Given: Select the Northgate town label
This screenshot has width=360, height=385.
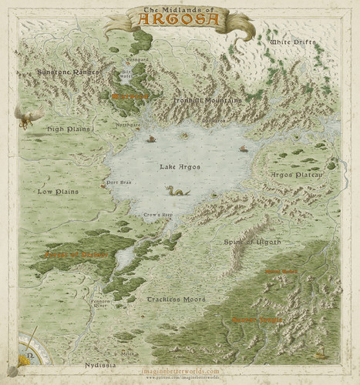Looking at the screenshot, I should [x=127, y=124].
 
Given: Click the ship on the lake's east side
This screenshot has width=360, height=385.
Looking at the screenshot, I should [x=244, y=148].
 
